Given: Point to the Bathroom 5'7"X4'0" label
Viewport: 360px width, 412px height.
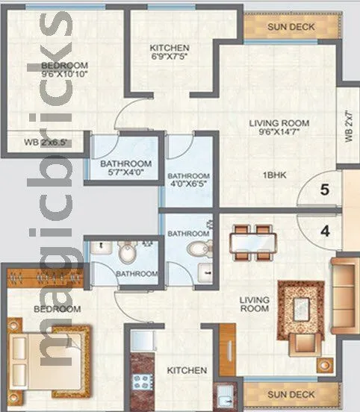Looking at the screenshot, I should point(126,169).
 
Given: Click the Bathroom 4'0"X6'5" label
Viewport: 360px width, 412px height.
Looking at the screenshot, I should point(188,169).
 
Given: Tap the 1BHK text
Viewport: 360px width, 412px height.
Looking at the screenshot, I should point(275,175).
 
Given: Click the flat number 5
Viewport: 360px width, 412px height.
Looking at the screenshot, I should point(324,190).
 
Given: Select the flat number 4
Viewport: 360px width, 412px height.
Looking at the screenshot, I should point(324,231).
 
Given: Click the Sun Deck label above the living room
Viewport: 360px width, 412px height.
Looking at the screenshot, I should point(291,28).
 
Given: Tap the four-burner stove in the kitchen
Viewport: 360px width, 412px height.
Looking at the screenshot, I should point(139,384).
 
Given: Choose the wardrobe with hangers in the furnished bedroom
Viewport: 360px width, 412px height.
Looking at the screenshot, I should point(42,281).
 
